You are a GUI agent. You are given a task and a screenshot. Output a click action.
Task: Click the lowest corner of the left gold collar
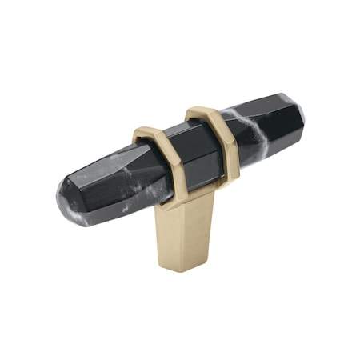pyautogui.click(x=160, y=198)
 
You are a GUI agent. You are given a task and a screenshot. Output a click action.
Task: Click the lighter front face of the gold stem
pyautogui.click(x=172, y=236)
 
